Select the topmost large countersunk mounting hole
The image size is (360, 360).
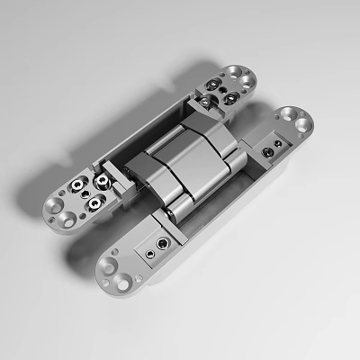[236, 70]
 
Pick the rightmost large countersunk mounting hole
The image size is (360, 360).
[305, 124]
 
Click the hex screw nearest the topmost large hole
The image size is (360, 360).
[220, 84]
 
